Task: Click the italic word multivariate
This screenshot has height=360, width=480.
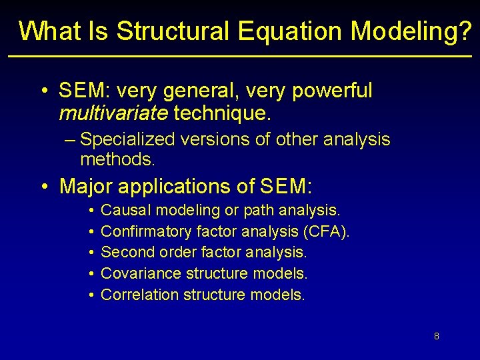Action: click(113, 113)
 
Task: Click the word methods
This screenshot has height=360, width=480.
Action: click(117, 159)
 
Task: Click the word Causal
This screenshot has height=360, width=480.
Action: click(126, 211)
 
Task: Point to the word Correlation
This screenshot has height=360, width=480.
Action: click(140, 295)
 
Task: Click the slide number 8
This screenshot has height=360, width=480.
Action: click(436, 336)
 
